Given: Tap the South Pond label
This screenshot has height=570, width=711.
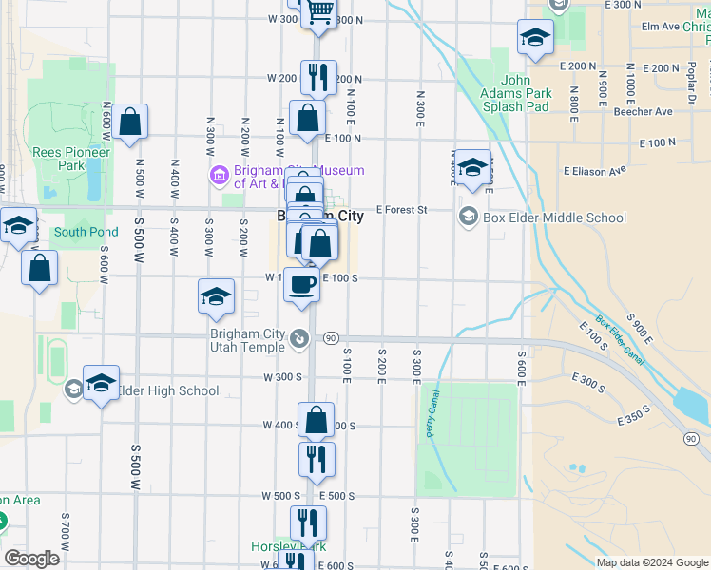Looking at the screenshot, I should [86, 232].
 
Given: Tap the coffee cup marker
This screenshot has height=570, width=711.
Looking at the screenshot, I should [302, 284].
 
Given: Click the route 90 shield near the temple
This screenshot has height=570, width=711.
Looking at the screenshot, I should [331, 337].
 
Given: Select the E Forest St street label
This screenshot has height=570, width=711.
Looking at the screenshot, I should [402, 209].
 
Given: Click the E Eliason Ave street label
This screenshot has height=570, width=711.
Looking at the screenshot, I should [595, 171].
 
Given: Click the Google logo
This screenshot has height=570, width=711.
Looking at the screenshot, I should [31, 559].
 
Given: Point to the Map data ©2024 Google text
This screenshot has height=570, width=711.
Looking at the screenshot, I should [651, 562].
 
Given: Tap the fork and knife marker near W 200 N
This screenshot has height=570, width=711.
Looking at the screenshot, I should [318, 77].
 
